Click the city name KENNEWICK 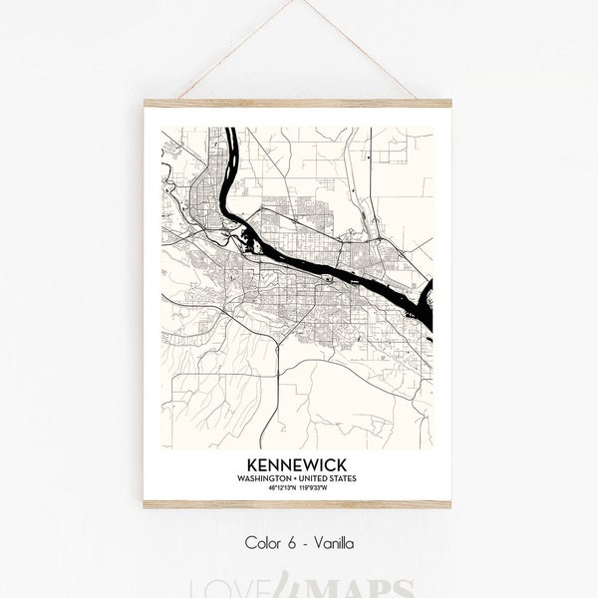[x=298, y=466]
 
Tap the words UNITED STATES [x=328, y=478]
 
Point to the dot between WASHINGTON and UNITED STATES [x=298, y=478]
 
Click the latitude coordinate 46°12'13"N [x=283, y=487]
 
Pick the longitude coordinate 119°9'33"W [x=316, y=487]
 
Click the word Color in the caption [x=263, y=543]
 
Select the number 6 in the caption [x=290, y=543]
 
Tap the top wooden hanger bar [x=298, y=103]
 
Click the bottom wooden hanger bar [x=298, y=504]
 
